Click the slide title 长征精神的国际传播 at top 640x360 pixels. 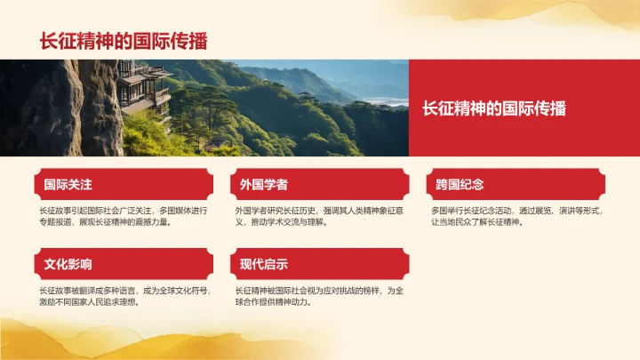pyautogui.click(x=124, y=41)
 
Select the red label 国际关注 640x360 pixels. pyautogui.click(x=68, y=185)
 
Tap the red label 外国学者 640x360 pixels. pyautogui.click(x=264, y=185)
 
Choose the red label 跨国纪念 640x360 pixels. pyautogui.click(x=460, y=185)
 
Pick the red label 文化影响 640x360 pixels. pyautogui.click(x=68, y=264)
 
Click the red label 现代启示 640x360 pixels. pyautogui.click(x=264, y=264)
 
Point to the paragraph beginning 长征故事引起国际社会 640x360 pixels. pyautogui.click(x=123, y=216)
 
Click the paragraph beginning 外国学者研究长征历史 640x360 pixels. pyautogui.click(x=319, y=216)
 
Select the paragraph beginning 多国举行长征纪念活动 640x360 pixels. pyautogui.click(x=516, y=216)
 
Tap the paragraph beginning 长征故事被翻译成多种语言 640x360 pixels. pyautogui.click(x=123, y=295)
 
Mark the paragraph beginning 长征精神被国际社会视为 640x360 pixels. pyautogui.click(x=319, y=295)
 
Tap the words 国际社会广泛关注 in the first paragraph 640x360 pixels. pyautogui.click(x=116, y=211)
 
